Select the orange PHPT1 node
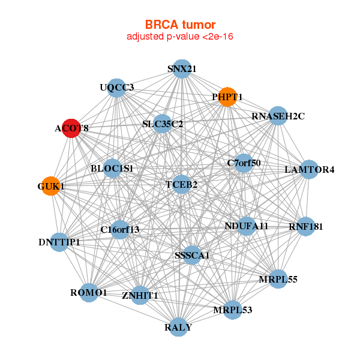227,97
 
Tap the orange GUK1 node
51,186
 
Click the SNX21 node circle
182,69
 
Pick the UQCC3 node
116,88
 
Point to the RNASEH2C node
278,116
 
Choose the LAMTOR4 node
309,169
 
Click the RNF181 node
305,227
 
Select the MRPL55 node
278,279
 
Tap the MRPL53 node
232,310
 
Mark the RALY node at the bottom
178,327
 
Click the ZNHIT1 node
140,295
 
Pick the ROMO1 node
89,293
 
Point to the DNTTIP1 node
59,242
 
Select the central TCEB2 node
181,184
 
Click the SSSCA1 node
192,255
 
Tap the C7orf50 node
244,163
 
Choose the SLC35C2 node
163,124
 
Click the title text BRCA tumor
179,25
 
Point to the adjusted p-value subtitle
179,37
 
